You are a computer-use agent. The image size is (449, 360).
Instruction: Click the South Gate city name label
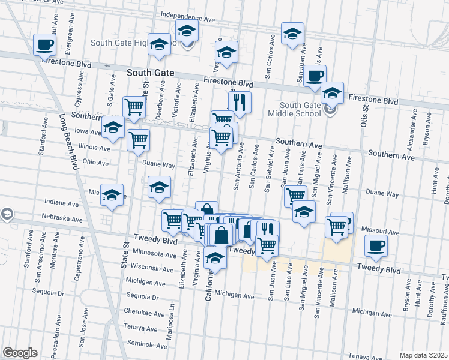point(151,73)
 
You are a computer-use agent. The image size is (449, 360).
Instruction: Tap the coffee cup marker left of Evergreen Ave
point(44,44)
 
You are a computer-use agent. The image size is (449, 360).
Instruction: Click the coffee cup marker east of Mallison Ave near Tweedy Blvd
point(376,245)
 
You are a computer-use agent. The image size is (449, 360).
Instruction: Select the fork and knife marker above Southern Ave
point(240,103)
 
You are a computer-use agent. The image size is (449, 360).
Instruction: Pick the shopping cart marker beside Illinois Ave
point(139,140)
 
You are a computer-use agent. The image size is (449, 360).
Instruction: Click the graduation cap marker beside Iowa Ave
point(112,127)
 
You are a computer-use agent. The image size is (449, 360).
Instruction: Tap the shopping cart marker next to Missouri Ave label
point(336,226)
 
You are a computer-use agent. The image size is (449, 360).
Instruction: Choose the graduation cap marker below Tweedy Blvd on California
point(215,259)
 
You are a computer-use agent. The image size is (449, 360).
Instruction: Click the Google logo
point(20,353)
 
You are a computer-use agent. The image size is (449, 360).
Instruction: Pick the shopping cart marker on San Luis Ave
point(295,196)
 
